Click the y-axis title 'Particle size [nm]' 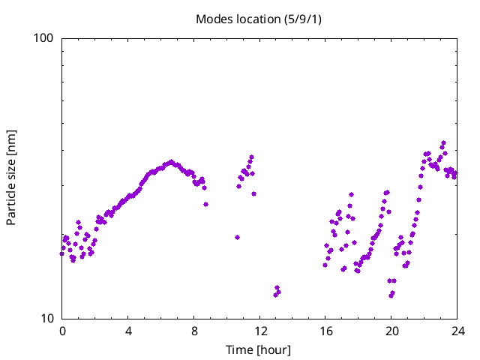click(x=11, y=178)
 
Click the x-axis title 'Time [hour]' click(x=258, y=349)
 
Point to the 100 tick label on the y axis click(x=46, y=38)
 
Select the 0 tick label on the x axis click(x=62, y=331)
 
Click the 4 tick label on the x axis click(x=128, y=331)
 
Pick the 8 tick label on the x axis click(x=194, y=331)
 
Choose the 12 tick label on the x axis click(x=260, y=331)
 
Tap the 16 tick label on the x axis click(x=326, y=331)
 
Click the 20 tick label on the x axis click(x=392, y=331)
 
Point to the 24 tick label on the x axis click(x=458, y=331)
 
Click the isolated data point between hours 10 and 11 click(x=237, y=237)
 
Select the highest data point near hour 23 click(x=444, y=142)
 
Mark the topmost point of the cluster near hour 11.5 click(x=252, y=157)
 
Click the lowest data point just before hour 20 click(x=391, y=295)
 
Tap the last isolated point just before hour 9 click(x=205, y=204)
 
